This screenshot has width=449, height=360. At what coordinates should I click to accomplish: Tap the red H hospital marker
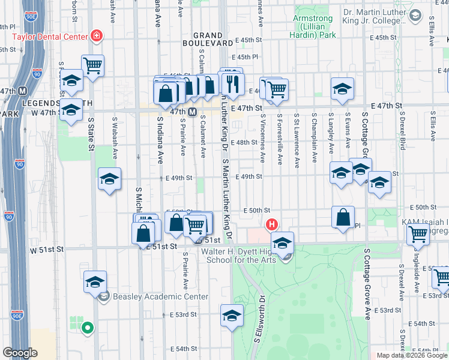(271, 225)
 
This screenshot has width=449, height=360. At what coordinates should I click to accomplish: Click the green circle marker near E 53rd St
(87, 328)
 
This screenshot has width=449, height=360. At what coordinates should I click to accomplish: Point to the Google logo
(20, 353)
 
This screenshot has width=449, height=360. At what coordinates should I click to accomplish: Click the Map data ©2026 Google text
(411, 355)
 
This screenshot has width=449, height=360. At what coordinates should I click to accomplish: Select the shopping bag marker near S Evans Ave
(343, 217)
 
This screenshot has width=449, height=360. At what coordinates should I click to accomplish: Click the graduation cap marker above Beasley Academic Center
(95, 281)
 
